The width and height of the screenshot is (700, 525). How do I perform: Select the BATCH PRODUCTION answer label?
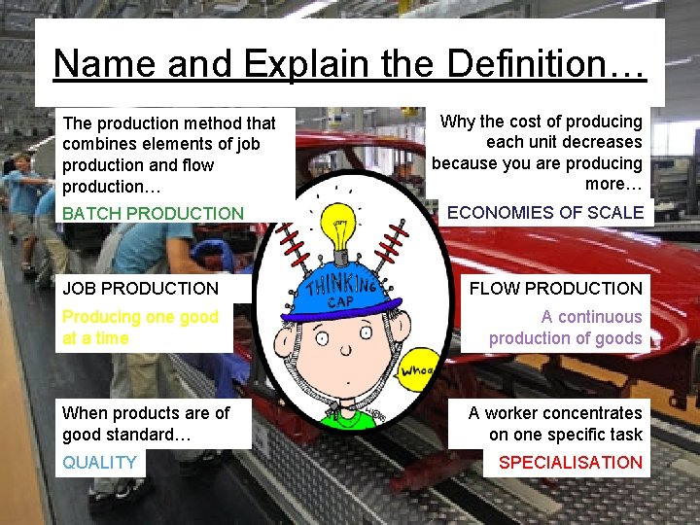[x=153, y=213]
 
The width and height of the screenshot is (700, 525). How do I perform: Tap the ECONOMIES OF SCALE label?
[x=544, y=212]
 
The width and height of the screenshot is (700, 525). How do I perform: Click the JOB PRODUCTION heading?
[x=140, y=288]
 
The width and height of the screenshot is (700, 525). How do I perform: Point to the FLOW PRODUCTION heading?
[x=555, y=288]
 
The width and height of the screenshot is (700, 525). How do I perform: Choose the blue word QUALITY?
[x=99, y=463]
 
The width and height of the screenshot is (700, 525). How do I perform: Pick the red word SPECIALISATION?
[x=570, y=463]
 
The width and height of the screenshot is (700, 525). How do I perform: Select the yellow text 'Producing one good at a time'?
[x=140, y=328]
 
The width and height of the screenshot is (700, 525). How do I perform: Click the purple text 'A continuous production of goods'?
[x=565, y=328]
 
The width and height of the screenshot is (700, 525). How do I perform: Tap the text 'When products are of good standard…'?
[x=146, y=424]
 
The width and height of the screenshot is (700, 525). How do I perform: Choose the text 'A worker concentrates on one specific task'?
[x=555, y=424]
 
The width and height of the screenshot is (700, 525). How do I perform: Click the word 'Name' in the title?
[x=105, y=64]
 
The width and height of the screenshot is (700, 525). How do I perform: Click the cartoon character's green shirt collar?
[x=342, y=416]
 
